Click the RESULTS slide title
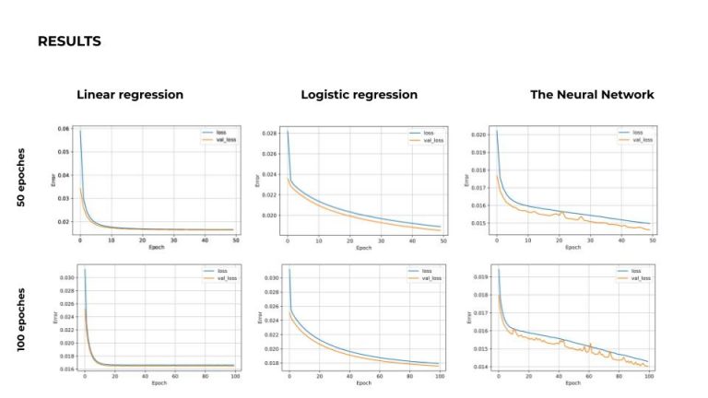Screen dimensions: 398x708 (69, 41)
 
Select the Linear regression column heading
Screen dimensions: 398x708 (130, 95)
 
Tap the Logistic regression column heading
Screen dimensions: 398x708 (359, 95)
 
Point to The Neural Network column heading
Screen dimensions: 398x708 (592, 95)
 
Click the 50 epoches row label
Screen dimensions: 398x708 (22, 177)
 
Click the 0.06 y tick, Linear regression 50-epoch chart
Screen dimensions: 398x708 (63, 129)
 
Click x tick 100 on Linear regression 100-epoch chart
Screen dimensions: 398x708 (235, 378)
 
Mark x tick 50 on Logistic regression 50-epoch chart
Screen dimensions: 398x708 (443, 242)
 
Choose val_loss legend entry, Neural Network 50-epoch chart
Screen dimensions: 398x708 (641, 140)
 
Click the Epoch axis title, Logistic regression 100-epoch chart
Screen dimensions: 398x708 (364, 384)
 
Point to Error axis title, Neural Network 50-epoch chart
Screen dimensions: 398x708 (466, 181)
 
